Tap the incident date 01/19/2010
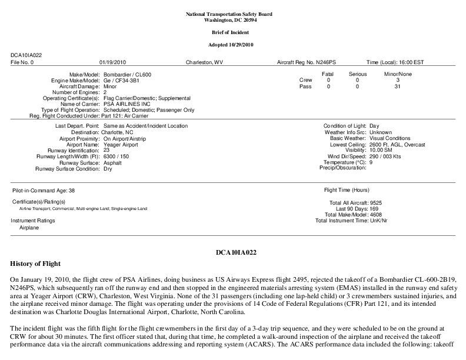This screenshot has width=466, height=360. click(x=113, y=62)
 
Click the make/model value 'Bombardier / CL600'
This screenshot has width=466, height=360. click(x=127, y=74)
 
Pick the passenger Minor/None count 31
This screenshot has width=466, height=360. click(x=398, y=86)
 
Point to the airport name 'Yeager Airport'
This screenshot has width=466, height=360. click(x=121, y=144)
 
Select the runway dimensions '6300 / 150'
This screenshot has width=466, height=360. click(x=116, y=156)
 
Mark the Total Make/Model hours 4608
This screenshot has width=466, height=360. click(x=374, y=215)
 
